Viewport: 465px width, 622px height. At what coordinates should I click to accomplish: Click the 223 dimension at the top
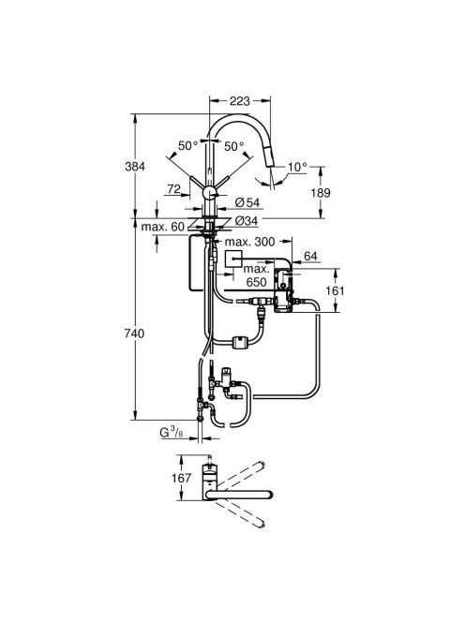240,101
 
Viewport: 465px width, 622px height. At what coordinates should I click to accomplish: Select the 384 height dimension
135,167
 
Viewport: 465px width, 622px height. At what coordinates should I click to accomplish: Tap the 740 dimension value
135,333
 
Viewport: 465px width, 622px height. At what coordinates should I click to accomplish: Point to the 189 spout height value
320,193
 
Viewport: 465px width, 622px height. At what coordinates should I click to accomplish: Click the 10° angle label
297,167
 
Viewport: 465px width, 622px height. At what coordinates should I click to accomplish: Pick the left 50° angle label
187,146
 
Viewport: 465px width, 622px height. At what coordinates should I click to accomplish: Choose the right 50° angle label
234,146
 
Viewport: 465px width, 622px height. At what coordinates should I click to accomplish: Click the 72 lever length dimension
174,189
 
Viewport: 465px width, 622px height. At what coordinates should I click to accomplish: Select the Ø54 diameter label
247,202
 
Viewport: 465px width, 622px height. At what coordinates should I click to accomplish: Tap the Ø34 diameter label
247,221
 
